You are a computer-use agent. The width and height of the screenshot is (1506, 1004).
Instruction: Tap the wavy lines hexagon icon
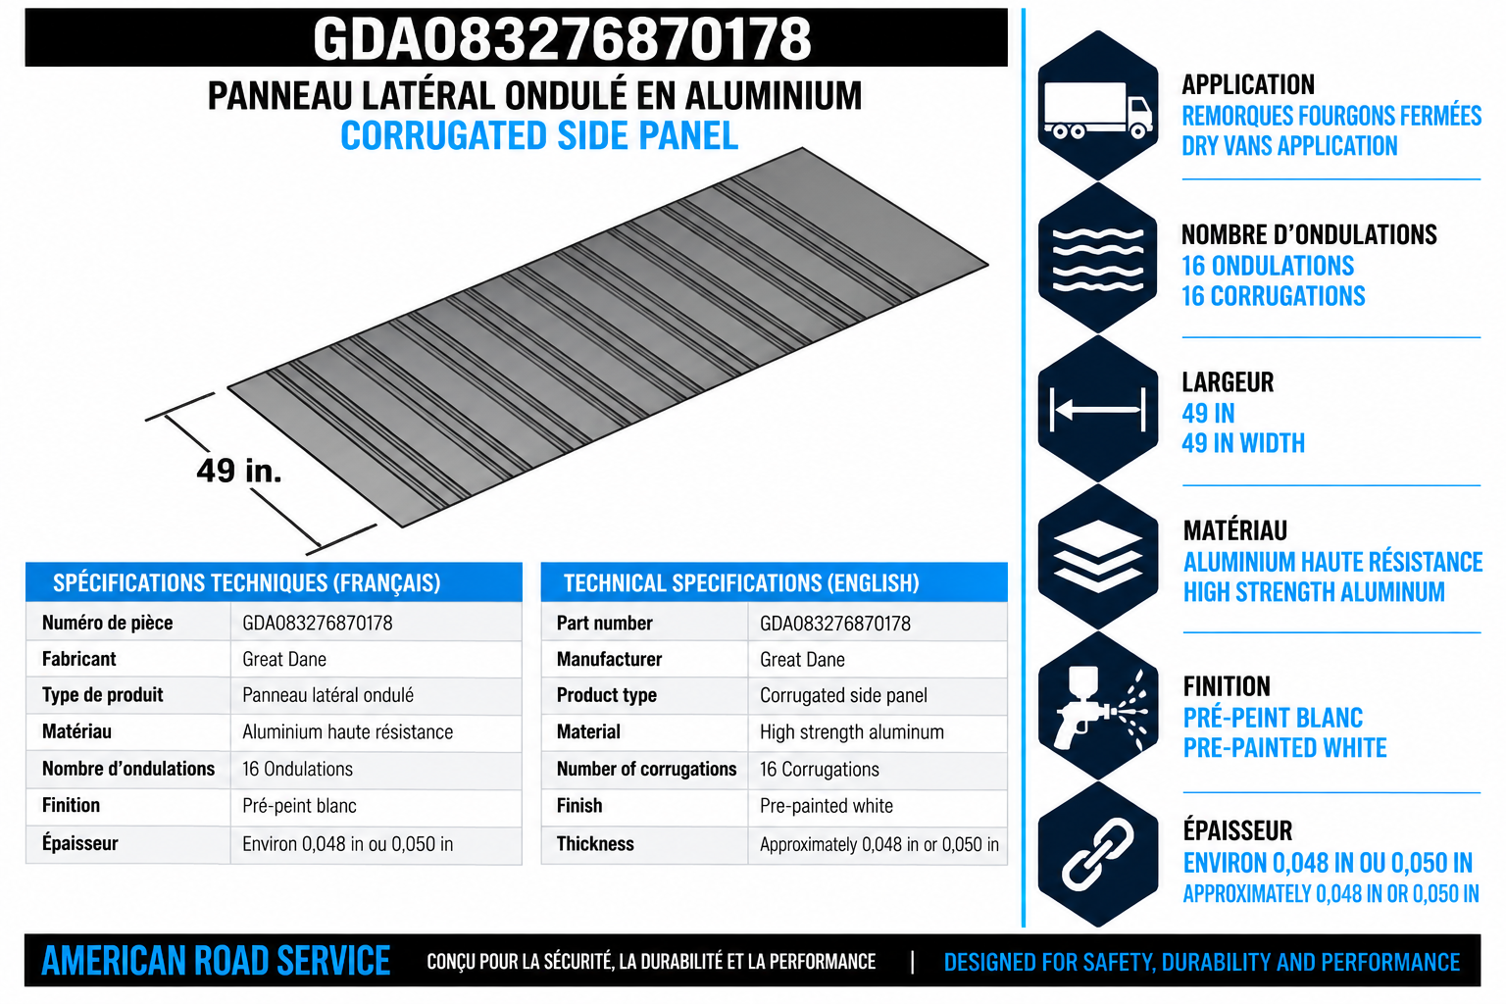(1097, 258)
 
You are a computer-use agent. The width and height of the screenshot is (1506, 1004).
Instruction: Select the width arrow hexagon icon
(1097, 409)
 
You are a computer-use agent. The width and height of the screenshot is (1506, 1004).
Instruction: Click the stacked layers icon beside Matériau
(1097, 557)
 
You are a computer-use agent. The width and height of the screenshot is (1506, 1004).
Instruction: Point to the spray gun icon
(1097, 706)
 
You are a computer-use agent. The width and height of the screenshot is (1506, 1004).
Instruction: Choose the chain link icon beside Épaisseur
(1097, 855)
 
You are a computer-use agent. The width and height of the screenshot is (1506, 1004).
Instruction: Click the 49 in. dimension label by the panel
(238, 471)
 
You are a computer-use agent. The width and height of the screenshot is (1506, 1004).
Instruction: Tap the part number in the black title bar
(562, 39)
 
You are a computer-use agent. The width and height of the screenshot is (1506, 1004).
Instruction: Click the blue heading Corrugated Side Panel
(539, 136)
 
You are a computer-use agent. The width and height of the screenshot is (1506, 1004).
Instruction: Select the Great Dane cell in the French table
(284, 659)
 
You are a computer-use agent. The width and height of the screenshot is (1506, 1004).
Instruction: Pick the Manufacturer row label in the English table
(609, 659)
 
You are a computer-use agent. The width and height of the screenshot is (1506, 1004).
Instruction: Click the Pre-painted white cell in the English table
(827, 806)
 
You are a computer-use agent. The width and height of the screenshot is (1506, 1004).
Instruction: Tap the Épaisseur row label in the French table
(80, 842)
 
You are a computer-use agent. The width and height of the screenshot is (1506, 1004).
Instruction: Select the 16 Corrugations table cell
(820, 769)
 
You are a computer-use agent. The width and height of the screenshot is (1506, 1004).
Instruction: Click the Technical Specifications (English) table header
(741, 583)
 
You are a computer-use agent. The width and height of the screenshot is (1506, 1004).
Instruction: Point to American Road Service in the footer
(216, 961)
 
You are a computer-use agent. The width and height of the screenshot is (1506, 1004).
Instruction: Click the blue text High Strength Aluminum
(1314, 592)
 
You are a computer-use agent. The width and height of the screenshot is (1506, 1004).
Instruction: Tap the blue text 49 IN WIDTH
(1244, 443)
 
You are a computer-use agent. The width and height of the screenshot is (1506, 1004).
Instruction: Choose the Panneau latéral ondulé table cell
(328, 695)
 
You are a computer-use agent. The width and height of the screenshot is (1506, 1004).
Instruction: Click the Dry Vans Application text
(1289, 146)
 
